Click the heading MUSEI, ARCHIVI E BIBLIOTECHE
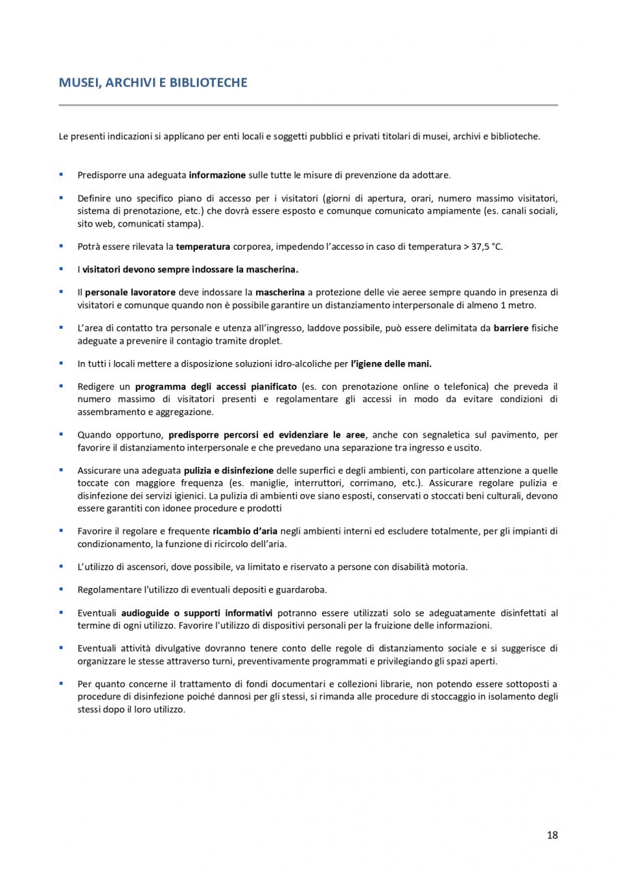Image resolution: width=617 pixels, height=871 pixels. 153,83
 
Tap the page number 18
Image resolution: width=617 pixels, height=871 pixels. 552,835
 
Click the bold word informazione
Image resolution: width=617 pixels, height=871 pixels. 217,176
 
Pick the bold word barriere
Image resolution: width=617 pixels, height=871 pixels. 511,328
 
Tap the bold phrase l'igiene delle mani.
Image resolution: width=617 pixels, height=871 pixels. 391,363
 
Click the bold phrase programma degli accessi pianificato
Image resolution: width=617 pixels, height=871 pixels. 215,387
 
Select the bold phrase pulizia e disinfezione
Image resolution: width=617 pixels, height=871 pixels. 228,470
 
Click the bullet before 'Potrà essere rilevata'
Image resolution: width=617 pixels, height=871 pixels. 61,246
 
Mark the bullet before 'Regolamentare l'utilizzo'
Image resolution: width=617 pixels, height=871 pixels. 61,589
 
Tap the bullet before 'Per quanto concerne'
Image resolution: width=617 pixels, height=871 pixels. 61,683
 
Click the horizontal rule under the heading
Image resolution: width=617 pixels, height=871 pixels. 308,105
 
